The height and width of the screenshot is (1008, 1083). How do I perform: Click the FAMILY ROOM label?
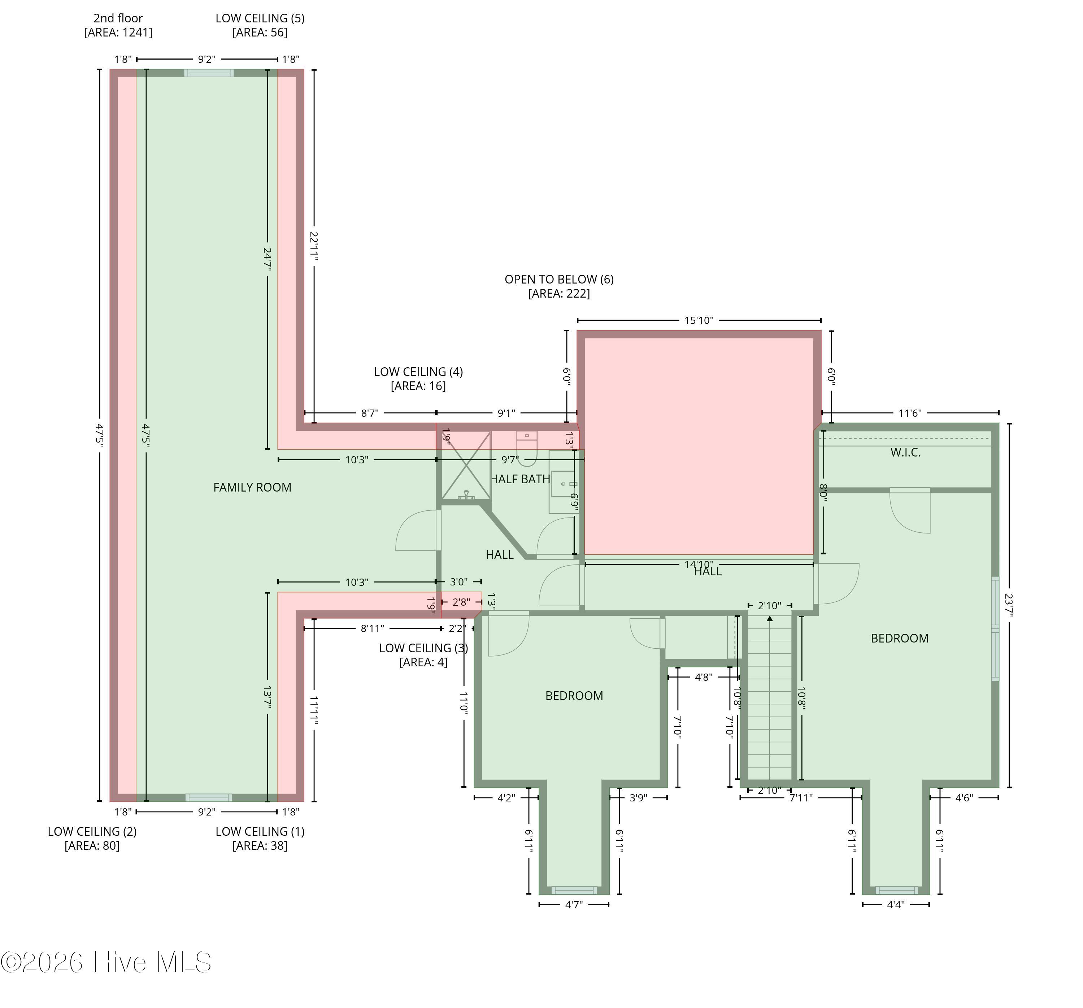point(252,488)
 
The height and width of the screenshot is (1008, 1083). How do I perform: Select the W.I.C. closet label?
point(905,452)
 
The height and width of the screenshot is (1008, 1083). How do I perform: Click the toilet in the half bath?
point(527,449)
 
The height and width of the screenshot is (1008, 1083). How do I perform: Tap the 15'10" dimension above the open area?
point(699,320)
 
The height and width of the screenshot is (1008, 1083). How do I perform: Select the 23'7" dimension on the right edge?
point(1009,605)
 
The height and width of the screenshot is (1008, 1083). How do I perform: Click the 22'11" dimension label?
point(314,246)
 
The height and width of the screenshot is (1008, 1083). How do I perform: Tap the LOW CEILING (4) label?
point(418,372)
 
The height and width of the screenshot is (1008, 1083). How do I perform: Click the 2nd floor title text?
point(118,18)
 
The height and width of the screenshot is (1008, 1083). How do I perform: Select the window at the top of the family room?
point(209,73)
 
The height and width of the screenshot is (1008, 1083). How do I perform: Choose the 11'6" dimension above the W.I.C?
point(910,413)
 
